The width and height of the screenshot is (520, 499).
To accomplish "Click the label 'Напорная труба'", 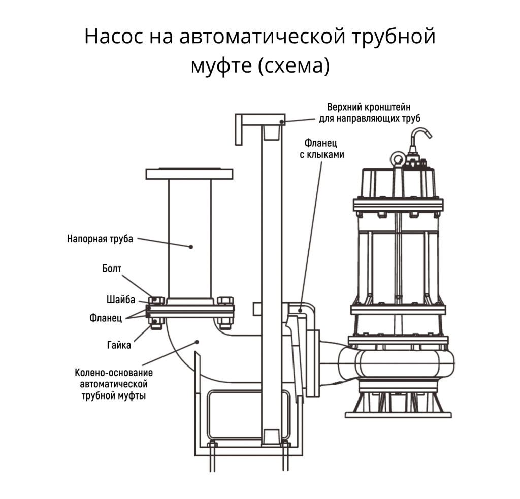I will coord(100,238).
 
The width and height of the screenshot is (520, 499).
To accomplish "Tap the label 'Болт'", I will coord(112,269).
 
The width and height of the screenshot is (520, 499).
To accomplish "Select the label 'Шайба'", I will coord(120,300).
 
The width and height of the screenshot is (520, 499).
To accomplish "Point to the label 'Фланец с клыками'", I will coord(321,148).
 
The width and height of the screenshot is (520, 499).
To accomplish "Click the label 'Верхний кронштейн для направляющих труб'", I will coord(370,113).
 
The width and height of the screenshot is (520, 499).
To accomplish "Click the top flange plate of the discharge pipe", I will coord(189,174).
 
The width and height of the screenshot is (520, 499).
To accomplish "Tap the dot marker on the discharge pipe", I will coord(191,247).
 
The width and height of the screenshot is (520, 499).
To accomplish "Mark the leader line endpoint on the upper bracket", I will coord(282,121).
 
